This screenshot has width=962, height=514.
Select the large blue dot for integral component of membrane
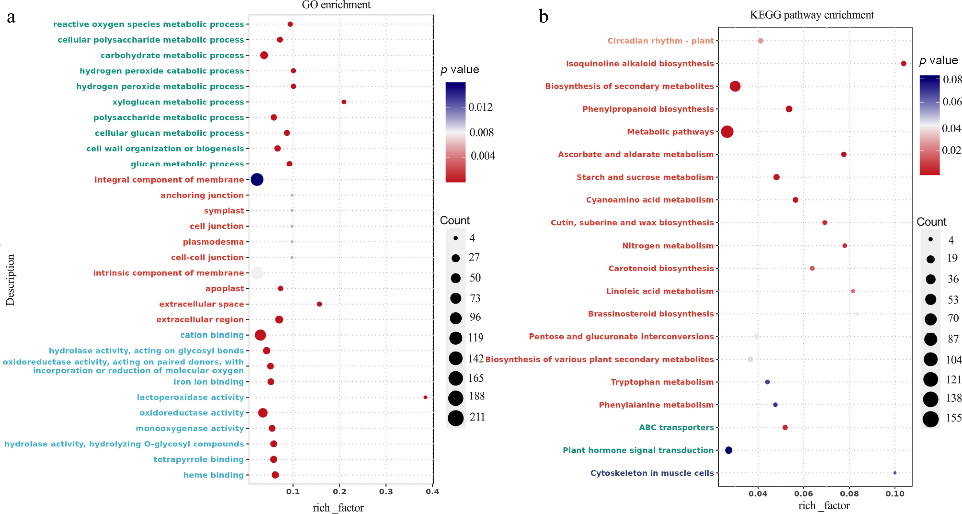pos(257,180)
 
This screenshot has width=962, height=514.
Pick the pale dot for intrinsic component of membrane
pos(257,273)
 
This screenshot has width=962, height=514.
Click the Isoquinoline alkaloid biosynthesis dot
pos(903,64)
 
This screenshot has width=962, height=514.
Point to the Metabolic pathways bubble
pos(727,132)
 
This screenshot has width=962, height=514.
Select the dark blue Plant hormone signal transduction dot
pos(729,450)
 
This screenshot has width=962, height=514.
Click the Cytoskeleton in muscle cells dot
pos(895,473)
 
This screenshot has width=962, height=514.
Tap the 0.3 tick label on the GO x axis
pos(386,491)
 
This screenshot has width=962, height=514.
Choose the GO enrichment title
pos(336,5)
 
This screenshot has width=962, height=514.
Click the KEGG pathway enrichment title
pos(812,15)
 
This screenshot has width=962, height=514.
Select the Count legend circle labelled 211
pos(456,418)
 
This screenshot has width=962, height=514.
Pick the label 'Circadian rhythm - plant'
pos(660,41)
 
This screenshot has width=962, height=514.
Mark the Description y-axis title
pos(10,280)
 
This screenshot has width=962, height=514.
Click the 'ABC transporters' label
pos(676,427)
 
